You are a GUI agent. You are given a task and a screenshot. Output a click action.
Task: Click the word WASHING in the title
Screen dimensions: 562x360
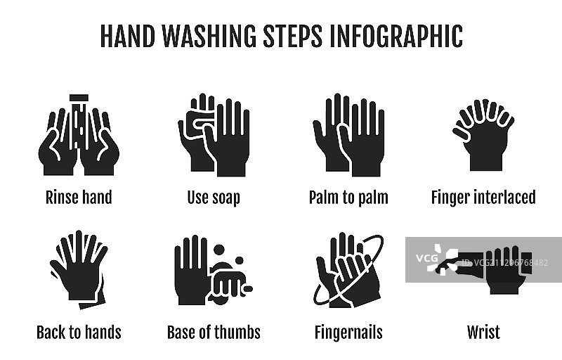(209, 37)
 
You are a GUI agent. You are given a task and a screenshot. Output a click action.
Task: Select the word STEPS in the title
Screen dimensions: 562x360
(292, 37)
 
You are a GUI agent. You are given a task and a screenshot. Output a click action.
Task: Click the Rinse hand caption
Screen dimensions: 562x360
(79, 197)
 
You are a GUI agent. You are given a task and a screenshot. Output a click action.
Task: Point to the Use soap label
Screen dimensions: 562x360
(214, 198)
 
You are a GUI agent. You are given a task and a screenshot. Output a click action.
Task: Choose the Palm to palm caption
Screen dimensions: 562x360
(348, 198)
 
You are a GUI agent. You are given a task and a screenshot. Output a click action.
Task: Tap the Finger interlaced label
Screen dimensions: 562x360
(483, 198)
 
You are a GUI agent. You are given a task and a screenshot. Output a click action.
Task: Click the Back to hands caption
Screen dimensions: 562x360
(79, 333)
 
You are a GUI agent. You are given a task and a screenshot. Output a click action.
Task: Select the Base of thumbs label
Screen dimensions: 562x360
(214, 333)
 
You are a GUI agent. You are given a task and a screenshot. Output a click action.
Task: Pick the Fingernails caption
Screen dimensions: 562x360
(348, 333)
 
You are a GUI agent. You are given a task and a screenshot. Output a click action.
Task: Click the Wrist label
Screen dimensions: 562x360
(483, 333)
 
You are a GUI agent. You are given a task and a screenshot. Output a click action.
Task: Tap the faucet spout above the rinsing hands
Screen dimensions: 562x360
(79, 98)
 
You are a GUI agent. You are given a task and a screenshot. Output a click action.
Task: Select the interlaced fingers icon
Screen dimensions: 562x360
(483, 135)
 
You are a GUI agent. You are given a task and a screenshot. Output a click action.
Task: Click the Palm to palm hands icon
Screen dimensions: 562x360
(348, 135)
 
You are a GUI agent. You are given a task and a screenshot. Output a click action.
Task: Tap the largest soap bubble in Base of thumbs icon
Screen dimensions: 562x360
(218, 250)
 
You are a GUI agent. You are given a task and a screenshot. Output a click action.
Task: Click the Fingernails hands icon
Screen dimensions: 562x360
(348, 271)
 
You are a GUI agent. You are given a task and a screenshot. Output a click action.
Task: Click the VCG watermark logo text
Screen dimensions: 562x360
(427, 258)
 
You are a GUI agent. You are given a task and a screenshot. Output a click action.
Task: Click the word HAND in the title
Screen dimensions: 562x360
(128, 37)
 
